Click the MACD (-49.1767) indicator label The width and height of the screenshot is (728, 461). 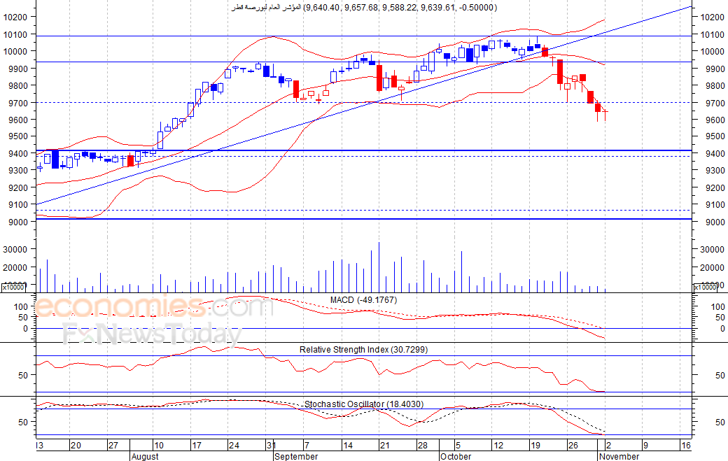(363, 300)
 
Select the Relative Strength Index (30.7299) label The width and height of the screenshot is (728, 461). (363, 350)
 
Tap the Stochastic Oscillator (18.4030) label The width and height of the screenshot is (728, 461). (364, 404)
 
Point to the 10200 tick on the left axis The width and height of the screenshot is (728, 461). (15, 17)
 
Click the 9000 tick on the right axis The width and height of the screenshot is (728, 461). (712, 222)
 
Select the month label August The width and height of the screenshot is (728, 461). (145, 456)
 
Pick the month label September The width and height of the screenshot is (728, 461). (296, 456)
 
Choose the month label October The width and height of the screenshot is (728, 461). (456, 456)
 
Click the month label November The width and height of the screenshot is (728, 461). (619, 456)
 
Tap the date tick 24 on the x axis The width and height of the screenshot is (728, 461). (234, 445)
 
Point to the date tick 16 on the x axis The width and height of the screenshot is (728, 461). (686, 445)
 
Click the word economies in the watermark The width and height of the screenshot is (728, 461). (119, 306)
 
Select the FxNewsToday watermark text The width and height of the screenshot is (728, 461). (153, 334)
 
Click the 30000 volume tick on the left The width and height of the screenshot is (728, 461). (15, 249)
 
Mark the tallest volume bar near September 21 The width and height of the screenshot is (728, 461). (379, 267)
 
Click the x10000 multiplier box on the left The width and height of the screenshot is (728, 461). (13, 288)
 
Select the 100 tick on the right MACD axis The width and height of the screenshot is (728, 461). (717, 306)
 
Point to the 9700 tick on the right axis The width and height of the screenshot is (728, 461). (712, 103)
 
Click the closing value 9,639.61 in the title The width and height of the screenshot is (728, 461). (437, 8)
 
